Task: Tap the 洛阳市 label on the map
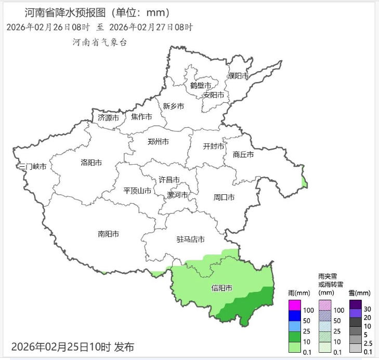91,163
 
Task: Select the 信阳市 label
221,288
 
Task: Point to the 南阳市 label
108,234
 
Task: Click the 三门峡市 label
32,167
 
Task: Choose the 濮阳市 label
239,76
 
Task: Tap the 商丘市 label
243,154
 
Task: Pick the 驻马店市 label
190,239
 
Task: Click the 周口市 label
224,197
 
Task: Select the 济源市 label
108,118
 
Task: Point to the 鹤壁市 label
201,86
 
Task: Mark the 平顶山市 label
137,191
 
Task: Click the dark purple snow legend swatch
355,304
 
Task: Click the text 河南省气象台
99,42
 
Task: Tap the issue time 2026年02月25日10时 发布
72,346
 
